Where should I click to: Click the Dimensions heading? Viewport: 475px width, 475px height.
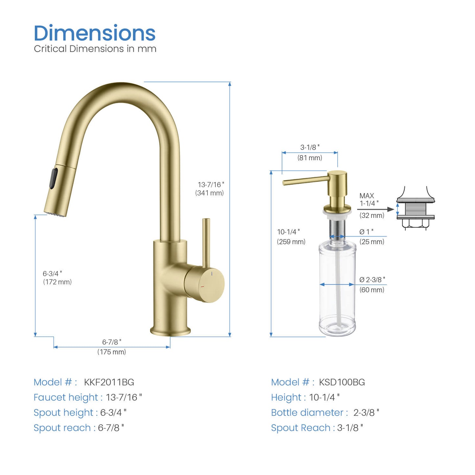click(95, 33)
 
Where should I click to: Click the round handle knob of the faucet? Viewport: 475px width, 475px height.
click(205, 284)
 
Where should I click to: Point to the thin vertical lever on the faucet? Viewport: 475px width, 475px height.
click(206, 242)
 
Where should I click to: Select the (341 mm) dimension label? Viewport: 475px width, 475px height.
click(209, 193)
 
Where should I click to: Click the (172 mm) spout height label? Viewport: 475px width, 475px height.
click(57, 282)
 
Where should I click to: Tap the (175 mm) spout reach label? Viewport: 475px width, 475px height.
click(111, 352)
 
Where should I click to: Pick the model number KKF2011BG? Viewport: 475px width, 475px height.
click(109, 382)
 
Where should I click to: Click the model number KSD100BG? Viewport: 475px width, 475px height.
click(342, 382)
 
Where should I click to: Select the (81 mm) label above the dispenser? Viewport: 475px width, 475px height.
click(310, 158)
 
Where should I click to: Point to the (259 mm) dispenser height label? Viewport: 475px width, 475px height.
click(291, 242)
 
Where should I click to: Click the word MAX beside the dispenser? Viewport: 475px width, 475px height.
click(367, 196)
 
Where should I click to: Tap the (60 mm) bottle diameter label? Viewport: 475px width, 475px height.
click(372, 290)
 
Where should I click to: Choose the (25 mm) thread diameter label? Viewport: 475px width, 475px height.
click(372, 242)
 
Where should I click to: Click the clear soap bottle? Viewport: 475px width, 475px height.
click(337, 289)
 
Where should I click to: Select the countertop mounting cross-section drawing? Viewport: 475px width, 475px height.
click(416, 209)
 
